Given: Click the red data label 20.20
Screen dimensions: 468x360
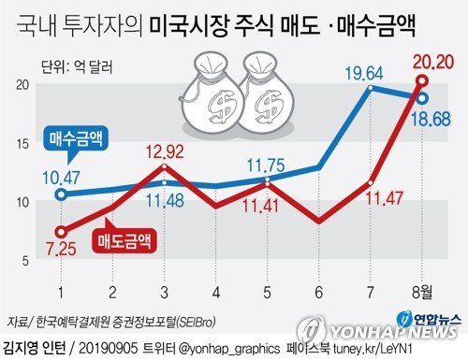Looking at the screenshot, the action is tap(432, 62).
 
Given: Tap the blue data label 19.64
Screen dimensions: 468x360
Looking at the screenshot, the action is tap(364, 74).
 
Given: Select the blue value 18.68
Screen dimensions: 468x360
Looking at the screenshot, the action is tap(431, 120).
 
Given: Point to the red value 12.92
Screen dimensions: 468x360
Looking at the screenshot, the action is tap(165, 151).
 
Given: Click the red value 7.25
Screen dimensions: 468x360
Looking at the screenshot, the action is tap(61, 249).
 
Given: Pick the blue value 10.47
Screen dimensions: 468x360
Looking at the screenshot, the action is tap(61, 178).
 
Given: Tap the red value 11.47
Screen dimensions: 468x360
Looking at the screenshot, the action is tap(384, 197).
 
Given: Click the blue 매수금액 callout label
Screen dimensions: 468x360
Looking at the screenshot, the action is tap(76, 138).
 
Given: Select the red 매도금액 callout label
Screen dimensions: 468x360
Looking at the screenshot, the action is tap(124, 241).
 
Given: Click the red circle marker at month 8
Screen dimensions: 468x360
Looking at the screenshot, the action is tap(422, 81).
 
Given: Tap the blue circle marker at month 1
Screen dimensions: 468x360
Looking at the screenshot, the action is tap(62, 194).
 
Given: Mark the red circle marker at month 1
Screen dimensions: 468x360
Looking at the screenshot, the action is tap(62, 232).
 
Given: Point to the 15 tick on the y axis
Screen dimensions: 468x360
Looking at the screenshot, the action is tap(22, 144).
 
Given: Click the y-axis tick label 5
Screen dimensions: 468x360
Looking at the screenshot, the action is tap(25, 261).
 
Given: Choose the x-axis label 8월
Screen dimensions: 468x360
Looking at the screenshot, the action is tap(422, 293).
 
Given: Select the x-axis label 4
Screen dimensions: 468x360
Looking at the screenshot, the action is tap(216, 293).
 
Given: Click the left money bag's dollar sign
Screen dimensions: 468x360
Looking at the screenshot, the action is tap(222, 106).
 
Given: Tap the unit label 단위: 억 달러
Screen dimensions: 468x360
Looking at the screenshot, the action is tap(77, 67).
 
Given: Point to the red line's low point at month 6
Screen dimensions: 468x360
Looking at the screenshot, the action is tap(318, 222).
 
